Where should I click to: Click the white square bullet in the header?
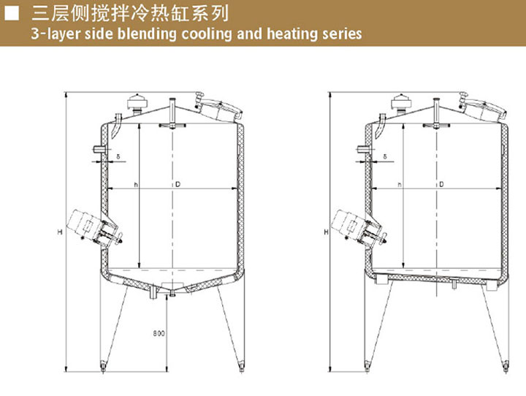coord(11,13)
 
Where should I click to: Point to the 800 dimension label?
coord(159,334)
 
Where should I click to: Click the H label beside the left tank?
coord(59,232)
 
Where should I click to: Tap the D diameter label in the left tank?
coord(178,184)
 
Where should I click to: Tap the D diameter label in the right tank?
coord(441,184)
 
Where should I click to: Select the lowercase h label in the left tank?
coord(136,184)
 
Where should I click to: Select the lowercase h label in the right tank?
coord(400,184)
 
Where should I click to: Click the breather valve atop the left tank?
coord(135,103)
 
